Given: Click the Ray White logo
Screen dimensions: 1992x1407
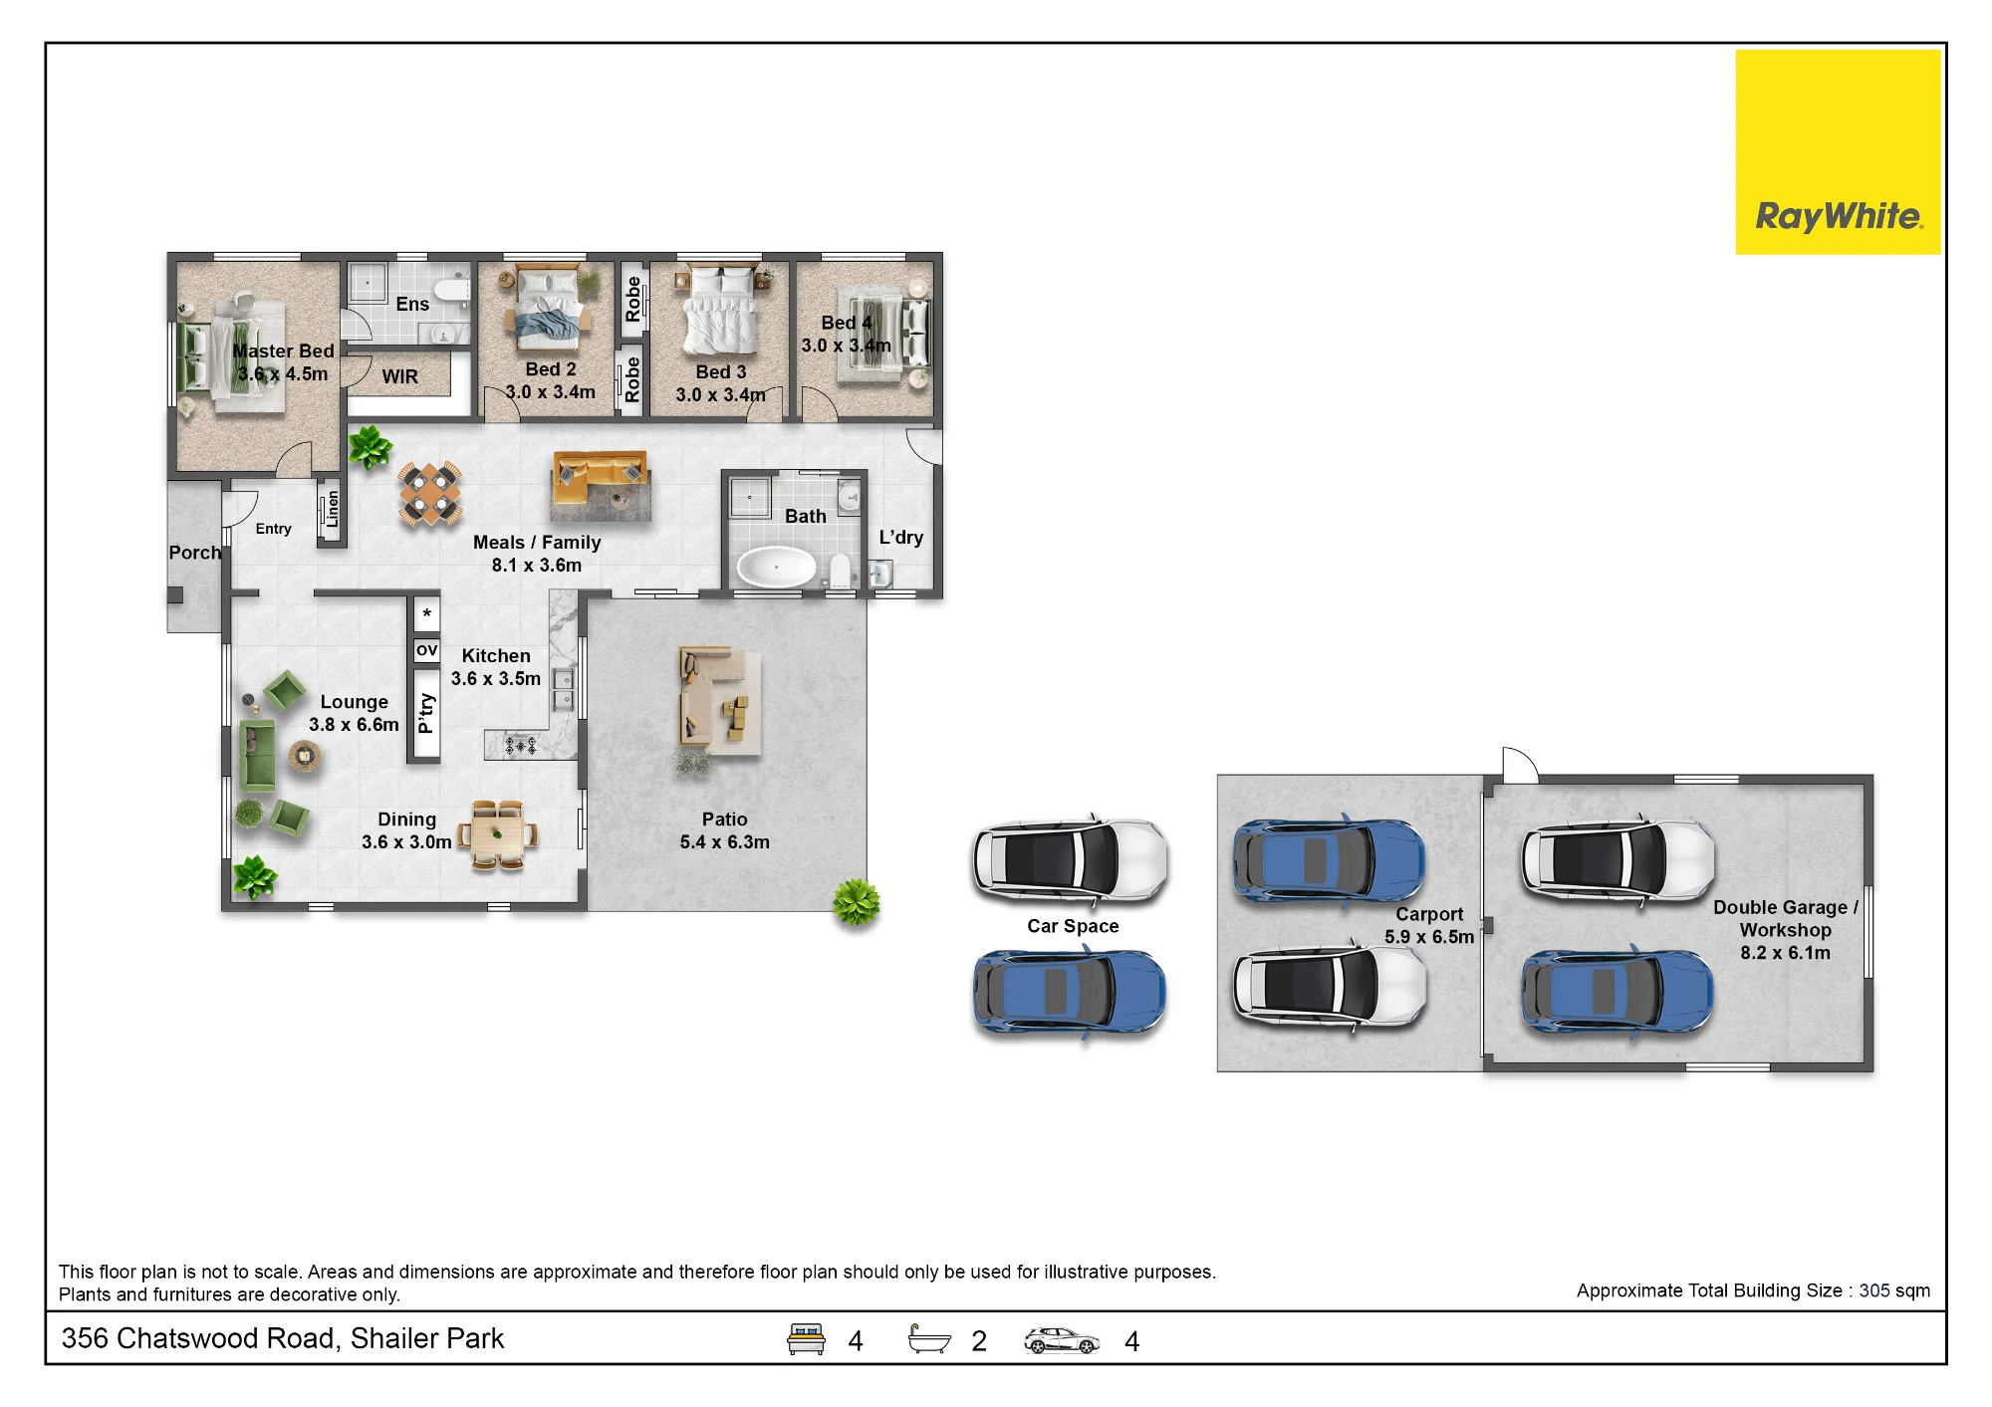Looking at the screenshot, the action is click(1838, 152).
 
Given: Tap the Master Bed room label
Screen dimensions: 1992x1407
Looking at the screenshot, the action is click(283, 352).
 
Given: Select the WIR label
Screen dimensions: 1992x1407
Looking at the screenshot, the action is click(400, 376).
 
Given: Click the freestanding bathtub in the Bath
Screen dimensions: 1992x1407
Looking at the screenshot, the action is click(776, 567).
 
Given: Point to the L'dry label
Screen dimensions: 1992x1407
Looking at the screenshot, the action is click(901, 538).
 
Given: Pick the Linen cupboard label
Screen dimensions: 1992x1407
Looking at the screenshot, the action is click(333, 509).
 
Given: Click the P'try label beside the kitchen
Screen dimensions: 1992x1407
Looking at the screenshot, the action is click(426, 713).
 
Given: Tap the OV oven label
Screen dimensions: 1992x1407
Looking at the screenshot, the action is click(426, 650).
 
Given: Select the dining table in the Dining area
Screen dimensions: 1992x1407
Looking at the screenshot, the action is click(498, 835).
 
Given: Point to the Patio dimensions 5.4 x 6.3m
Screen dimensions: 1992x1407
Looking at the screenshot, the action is click(725, 842).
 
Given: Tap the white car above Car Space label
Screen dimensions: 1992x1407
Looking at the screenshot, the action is click(1071, 860).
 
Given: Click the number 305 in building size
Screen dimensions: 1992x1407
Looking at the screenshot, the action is click(1873, 1290).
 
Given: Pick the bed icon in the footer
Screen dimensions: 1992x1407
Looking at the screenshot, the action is click(806, 1339).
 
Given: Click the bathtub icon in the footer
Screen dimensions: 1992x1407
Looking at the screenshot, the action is click(929, 1339).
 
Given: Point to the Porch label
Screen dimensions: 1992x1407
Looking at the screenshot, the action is click(194, 553).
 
